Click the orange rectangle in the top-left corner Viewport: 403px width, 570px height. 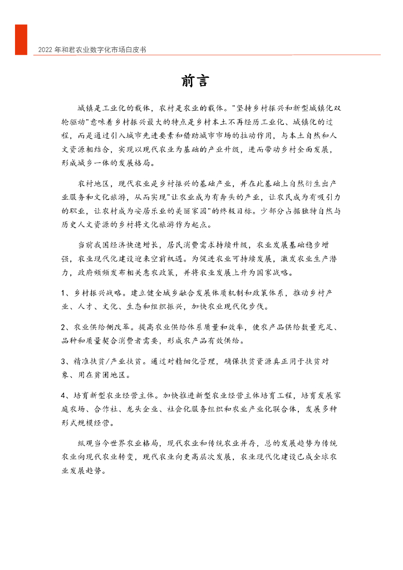[x=21, y=40]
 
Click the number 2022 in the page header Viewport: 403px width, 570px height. [x=45, y=50]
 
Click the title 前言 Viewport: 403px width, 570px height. [x=194, y=81]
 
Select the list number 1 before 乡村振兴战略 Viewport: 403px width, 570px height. [x=64, y=293]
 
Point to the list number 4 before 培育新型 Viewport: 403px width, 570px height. [x=64, y=397]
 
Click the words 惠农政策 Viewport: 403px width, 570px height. [x=163, y=273]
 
